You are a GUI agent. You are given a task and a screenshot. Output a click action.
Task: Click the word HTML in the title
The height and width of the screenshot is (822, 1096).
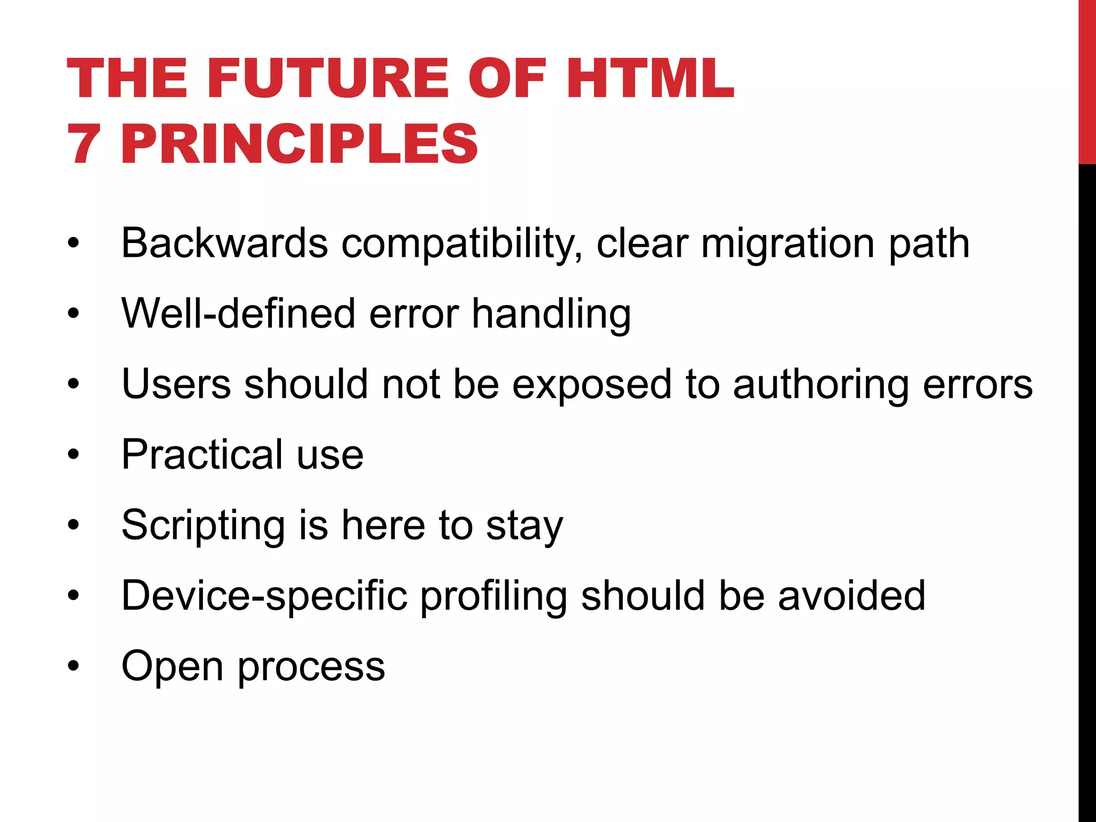(x=650, y=79)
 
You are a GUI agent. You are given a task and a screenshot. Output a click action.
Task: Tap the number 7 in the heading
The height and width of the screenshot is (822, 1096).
(x=83, y=143)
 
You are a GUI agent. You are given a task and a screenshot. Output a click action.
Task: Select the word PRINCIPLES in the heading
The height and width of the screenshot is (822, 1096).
(x=299, y=143)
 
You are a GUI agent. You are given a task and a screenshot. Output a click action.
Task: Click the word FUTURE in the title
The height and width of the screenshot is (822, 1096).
(x=332, y=79)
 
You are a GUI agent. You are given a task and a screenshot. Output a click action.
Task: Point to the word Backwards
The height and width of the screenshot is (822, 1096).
(x=224, y=243)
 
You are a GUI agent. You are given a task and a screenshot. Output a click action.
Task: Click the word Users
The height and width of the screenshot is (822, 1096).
(x=176, y=384)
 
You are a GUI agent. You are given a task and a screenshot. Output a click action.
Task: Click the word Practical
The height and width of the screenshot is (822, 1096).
(x=202, y=454)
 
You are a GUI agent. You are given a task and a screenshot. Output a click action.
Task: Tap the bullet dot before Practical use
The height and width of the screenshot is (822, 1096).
(x=73, y=455)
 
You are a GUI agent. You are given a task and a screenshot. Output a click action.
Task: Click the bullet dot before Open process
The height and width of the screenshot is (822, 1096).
(x=73, y=666)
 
